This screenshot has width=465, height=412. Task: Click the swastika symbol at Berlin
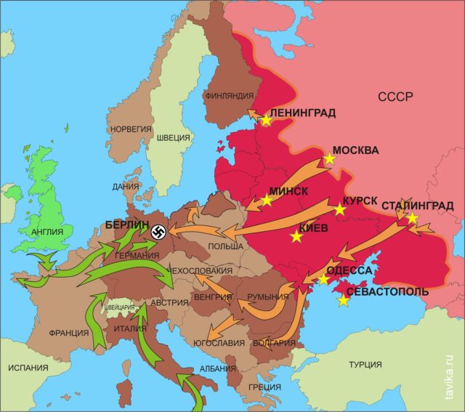click(161, 233)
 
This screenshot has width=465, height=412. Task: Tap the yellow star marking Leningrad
click(266, 121)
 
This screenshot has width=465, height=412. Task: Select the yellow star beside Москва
click(329, 158)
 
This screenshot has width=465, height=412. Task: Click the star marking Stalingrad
click(412, 218)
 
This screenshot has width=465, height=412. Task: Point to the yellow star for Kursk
click(339, 210)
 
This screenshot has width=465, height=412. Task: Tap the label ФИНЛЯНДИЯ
click(229, 95)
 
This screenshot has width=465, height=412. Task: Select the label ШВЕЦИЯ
click(174, 137)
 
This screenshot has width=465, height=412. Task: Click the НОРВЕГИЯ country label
click(131, 129)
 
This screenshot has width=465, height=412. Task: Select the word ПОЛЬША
click(225, 247)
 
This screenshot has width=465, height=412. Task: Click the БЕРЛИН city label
click(127, 225)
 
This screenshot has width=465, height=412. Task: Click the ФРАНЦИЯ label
click(69, 333)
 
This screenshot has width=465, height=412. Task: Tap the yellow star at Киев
click(296, 237)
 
